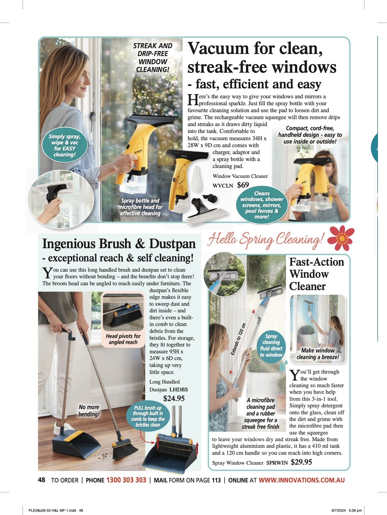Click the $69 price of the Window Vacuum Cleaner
point(243,185)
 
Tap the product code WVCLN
point(223,186)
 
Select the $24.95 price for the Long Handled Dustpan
point(174,398)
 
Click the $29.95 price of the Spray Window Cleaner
point(301,462)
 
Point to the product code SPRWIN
point(277,463)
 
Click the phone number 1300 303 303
point(126,480)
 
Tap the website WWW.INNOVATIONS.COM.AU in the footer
point(301,480)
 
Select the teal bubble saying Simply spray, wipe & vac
point(64,145)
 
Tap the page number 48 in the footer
point(42,480)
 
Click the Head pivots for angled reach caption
point(123,339)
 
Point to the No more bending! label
point(89,410)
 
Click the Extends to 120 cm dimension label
point(238,339)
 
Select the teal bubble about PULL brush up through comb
point(148,416)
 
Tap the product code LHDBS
point(178,389)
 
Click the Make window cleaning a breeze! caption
point(318,354)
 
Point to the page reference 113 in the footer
point(216,480)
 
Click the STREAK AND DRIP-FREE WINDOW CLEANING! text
point(153,58)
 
